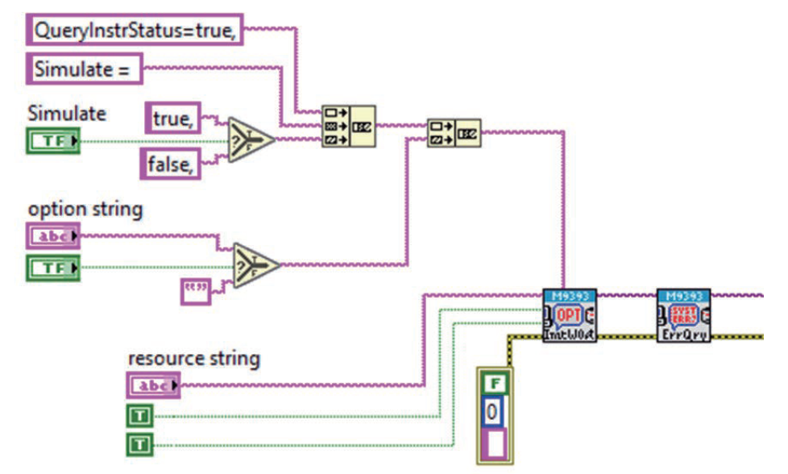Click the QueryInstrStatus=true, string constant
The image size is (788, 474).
(135, 30)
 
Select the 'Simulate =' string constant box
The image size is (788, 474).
(85, 69)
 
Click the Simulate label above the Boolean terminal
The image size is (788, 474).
(67, 114)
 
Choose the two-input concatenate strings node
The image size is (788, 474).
(454, 132)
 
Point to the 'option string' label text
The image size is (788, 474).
(85, 209)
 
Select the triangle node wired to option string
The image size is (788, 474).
(255, 264)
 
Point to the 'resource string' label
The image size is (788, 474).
(193, 357)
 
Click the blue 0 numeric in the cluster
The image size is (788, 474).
(494, 412)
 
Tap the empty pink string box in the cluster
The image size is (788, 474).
(494, 443)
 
